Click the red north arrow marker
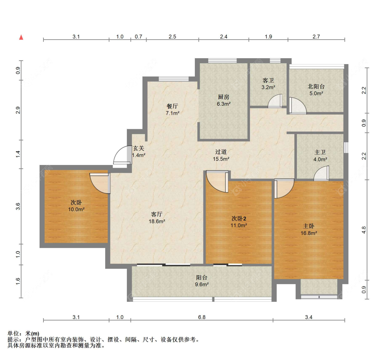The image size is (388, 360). click(x=21, y=37)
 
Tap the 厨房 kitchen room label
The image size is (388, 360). click(x=223, y=97)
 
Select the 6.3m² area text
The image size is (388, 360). click(x=224, y=104)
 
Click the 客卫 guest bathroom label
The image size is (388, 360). click(x=268, y=81)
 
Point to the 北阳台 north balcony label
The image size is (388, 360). click(x=316, y=86)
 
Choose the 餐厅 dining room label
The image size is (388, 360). click(x=172, y=106)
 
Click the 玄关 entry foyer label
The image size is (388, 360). click(x=139, y=148)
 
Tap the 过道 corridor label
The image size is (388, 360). click(x=221, y=152)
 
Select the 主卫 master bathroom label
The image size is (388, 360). click(x=320, y=153)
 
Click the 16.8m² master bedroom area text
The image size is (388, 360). click(x=309, y=233)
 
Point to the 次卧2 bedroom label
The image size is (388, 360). click(x=239, y=218)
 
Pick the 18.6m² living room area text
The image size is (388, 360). click(x=157, y=221)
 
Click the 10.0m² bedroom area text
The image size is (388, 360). click(x=76, y=209)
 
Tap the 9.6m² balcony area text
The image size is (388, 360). click(x=202, y=284)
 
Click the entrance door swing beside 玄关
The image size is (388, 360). click(x=122, y=155)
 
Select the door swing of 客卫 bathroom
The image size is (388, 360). click(x=275, y=101)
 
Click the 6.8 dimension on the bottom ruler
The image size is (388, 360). click(x=202, y=317)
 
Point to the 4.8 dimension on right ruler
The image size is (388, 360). click(x=364, y=230)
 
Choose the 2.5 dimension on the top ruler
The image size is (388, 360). click(x=172, y=37)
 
